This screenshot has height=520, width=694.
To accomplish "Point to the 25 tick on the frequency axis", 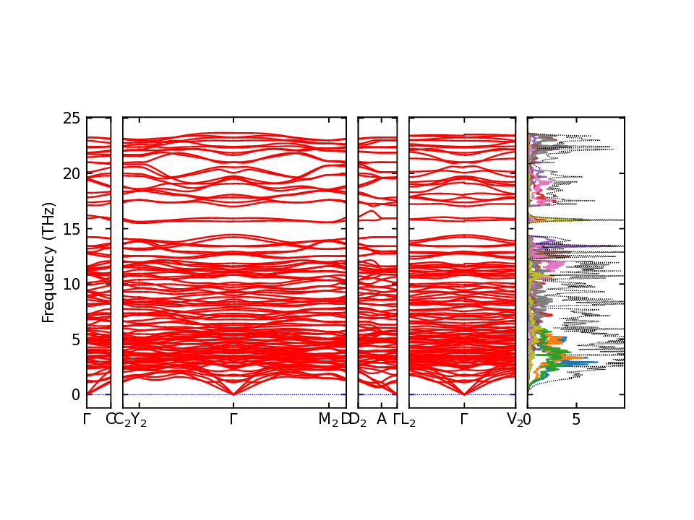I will (x=75, y=118).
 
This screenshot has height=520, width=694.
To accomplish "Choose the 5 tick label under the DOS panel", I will (x=576, y=419).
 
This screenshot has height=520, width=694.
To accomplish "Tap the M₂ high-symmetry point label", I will (x=328, y=420).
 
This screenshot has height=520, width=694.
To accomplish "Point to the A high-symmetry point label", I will (x=382, y=419).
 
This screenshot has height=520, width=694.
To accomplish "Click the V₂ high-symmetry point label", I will (x=515, y=420).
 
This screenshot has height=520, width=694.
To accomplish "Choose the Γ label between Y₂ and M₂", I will (x=234, y=419).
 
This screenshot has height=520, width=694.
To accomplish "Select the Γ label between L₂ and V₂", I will (x=463, y=419).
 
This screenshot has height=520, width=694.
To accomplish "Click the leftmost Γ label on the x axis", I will (x=87, y=419).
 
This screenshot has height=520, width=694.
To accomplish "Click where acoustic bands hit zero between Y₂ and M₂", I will (x=234, y=394).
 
